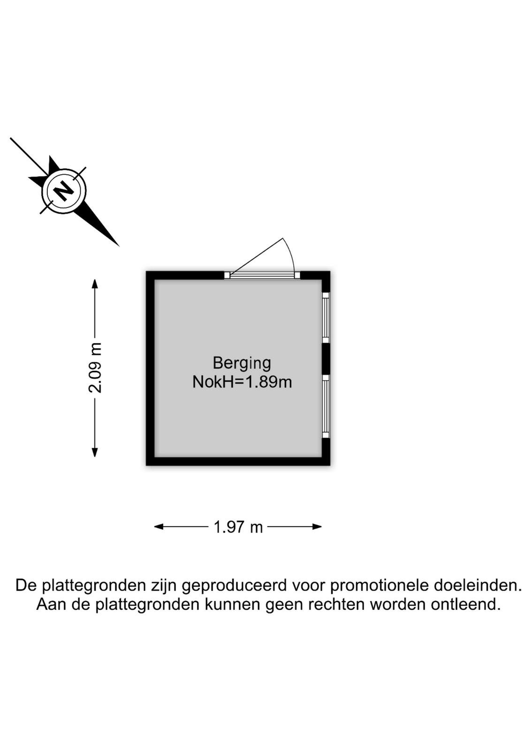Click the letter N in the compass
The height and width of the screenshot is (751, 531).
[x=64, y=191]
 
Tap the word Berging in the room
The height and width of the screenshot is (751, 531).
[x=242, y=363]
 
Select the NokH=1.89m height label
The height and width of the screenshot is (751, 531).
[x=242, y=382]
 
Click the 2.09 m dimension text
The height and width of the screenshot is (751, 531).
[x=95, y=368]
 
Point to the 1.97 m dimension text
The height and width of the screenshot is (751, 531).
[x=238, y=528]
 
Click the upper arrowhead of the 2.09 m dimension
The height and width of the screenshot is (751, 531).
[x=95, y=284]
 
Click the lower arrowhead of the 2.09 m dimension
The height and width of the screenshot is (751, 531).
[x=95, y=452]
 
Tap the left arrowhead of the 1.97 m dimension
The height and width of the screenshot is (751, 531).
[x=159, y=527]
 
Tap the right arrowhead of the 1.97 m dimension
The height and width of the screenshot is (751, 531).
[x=317, y=527]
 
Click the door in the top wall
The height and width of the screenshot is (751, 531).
[x=262, y=275]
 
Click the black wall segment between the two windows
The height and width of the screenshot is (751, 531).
[x=326, y=358]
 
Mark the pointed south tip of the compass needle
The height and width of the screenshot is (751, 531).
[x=119, y=246]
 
